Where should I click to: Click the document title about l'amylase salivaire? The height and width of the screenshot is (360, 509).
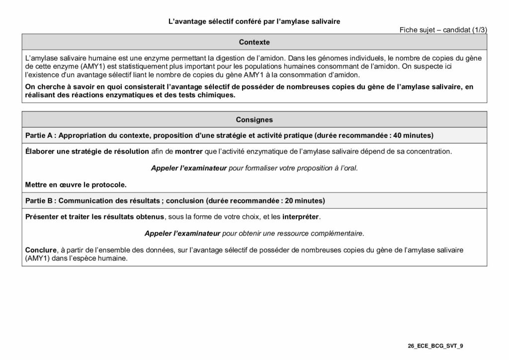pyautogui.click(x=254, y=21)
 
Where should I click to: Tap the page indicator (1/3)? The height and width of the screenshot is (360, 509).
pyautogui.click(x=478, y=30)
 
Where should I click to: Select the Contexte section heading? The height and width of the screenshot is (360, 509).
pyautogui.click(x=254, y=42)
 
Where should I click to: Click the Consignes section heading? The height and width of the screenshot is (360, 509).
pyautogui.click(x=254, y=120)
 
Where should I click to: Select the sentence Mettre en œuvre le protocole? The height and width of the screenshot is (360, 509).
pyautogui.click(x=76, y=184)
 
